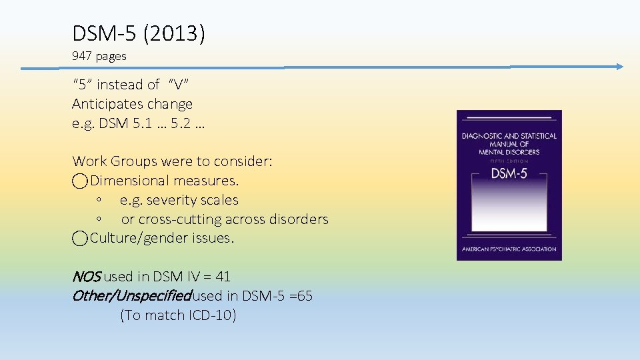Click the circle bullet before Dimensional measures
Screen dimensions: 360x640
click(80, 181)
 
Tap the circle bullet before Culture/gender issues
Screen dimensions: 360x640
click(80, 239)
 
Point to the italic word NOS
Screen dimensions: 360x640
click(86, 277)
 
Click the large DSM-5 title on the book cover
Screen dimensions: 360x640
click(509, 174)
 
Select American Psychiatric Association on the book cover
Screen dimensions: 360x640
click(509, 249)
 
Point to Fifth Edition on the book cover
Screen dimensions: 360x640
click(509, 161)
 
